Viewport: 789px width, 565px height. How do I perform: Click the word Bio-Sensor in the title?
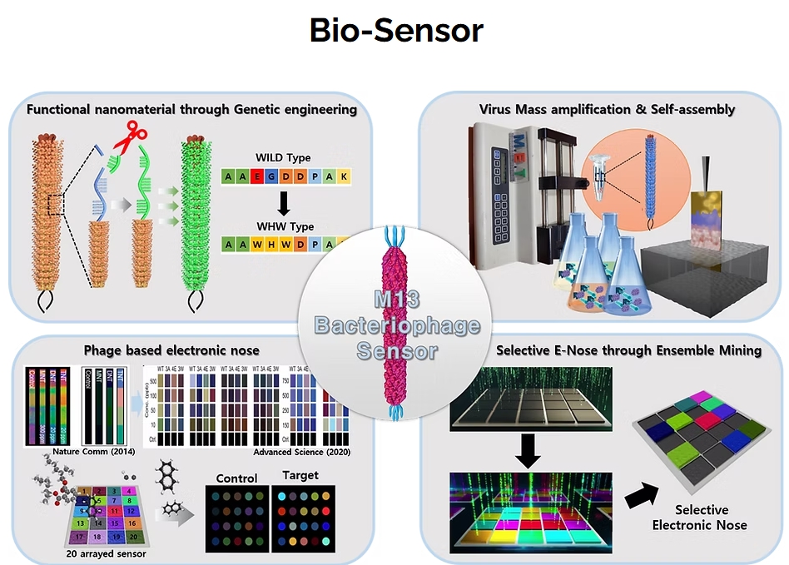tap(395, 32)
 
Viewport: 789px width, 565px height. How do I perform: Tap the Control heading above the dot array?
tap(237, 478)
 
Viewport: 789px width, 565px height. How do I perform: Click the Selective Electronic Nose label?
tap(701, 517)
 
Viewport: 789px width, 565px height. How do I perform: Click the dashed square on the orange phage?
tap(55, 203)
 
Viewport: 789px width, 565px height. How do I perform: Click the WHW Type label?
tap(285, 226)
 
